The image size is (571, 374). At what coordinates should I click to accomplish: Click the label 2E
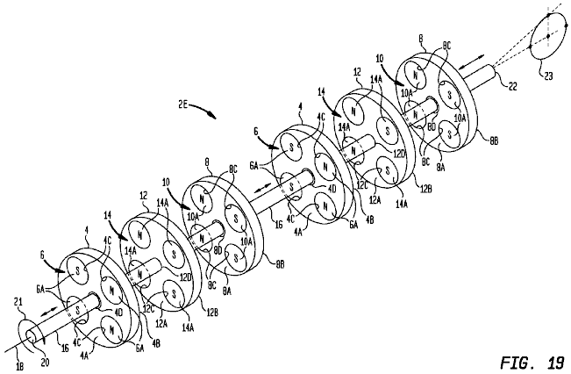point(183,104)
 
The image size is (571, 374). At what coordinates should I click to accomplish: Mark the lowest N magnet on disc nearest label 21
point(115,327)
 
